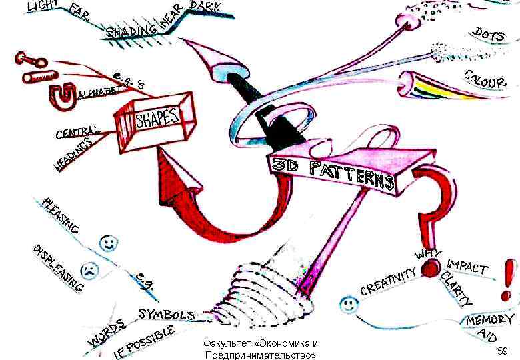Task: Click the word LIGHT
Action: (x=41, y=7)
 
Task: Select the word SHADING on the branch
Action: (x=132, y=31)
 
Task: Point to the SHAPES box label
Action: (x=157, y=119)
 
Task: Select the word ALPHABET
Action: (x=101, y=93)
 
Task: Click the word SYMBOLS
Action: (x=167, y=314)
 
